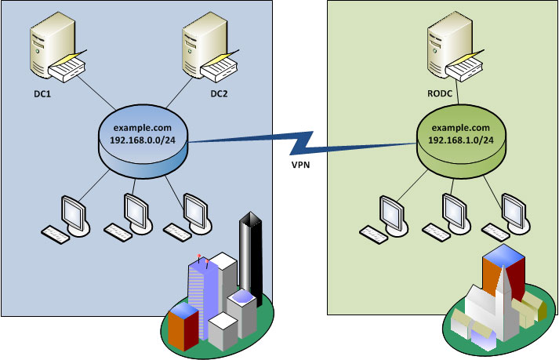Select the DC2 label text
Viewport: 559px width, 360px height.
pyautogui.click(x=220, y=94)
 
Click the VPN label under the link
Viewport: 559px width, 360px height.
pyautogui.click(x=299, y=167)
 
